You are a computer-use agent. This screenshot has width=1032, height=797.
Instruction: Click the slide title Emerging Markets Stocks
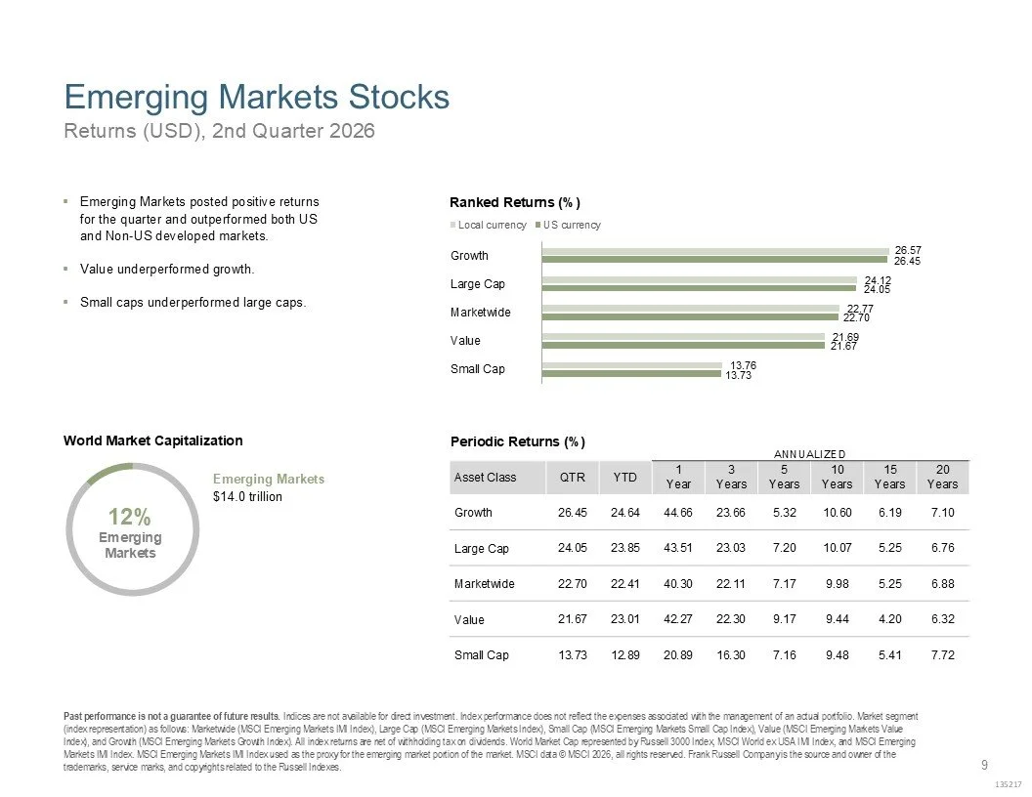pyautogui.click(x=257, y=98)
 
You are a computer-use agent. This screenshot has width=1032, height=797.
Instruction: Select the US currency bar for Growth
pyautogui.click(x=714, y=260)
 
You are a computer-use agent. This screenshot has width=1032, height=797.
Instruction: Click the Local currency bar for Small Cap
pyautogui.click(x=632, y=365)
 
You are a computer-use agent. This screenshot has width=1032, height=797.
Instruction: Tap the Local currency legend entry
pyautogui.click(x=489, y=225)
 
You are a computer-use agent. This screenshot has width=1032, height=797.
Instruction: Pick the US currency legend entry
pyautogui.click(x=568, y=225)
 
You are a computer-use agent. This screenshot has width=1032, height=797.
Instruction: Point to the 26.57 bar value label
pyautogui.click(x=908, y=251)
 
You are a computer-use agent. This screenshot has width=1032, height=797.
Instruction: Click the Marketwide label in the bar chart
pyautogui.click(x=481, y=313)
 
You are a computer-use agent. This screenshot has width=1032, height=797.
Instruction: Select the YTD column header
pyautogui.click(x=624, y=478)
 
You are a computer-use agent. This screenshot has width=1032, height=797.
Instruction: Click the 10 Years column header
pyautogui.click(x=838, y=477)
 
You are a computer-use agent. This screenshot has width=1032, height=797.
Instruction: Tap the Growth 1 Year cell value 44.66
pyautogui.click(x=678, y=512)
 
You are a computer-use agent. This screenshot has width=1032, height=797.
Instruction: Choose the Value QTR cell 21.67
pyautogui.click(x=572, y=619)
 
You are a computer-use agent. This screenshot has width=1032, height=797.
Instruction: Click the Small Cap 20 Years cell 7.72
pyautogui.click(x=942, y=655)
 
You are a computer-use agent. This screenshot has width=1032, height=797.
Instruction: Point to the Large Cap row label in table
pyautogui.click(x=481, y=549)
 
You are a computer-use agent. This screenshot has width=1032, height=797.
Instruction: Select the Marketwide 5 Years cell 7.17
pyautogui.click(x=784, y=584)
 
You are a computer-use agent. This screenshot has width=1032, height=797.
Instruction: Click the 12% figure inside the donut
pyautogui.click(x=130, y=517)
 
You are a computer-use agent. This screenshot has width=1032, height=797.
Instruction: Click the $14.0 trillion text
pyautogui.click(x=247, y=496)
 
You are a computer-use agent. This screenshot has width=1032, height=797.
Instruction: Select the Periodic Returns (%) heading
pyautogui.click(x=517, y=441)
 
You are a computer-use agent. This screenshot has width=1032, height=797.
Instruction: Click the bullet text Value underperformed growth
pyautogui.click(x=167, y=269)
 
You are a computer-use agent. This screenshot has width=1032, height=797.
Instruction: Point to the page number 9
pyautogui.click(x=985, y=765)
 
